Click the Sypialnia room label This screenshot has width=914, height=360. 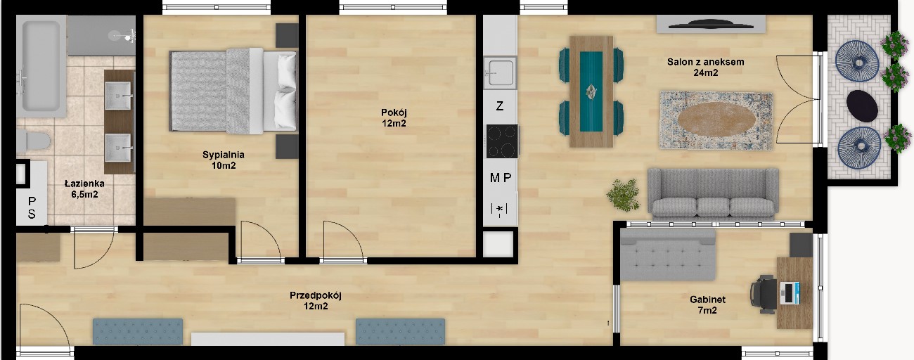click(x=223, y=160)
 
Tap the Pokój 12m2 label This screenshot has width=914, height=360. click(x=394, y=118)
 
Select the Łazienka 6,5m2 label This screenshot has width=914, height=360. click(x=84, y=189)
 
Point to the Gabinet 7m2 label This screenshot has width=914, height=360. click(x=707, y=305)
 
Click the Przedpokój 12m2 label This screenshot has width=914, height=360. click(x=316, y=300)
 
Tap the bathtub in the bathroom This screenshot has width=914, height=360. click(x=41, y=66)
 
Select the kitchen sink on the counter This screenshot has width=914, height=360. click(x=500, y=73)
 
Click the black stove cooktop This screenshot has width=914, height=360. click(x=502, y=141)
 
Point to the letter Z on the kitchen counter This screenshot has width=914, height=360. click(x=499, y=106)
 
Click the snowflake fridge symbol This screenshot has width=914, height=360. click(x=499, y=210)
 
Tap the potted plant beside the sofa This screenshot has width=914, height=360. click(x=623, y=195)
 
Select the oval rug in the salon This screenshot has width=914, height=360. click(x=716, y=120)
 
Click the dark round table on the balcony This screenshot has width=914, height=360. click(x=862, y=105)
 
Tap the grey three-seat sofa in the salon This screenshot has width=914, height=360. click(x=713, y=193)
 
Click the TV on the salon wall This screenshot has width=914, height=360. click(x=711, y=25)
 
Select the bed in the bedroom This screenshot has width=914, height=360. click(x=233, y=91)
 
